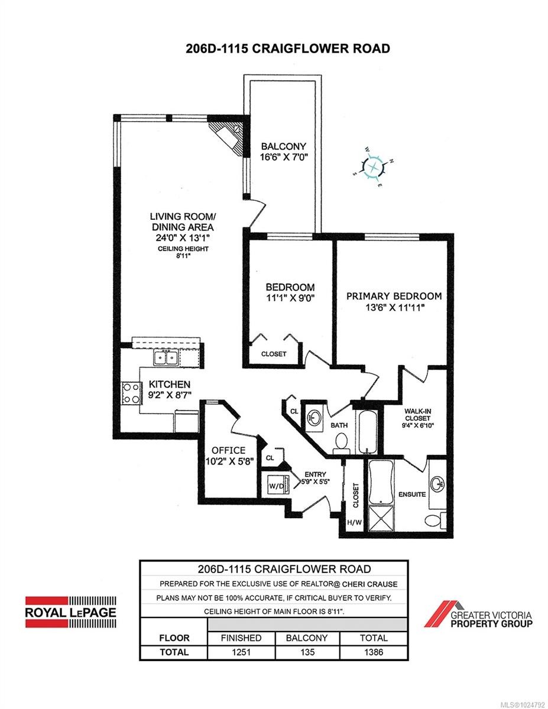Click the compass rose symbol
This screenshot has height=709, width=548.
[x=373, y=167]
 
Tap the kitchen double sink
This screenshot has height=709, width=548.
[x=166, y=357]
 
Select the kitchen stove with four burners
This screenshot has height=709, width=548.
[x=132, y=393]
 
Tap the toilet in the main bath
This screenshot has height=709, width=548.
[x=342, y=444]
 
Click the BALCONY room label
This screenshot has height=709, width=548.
[x=284, y=147]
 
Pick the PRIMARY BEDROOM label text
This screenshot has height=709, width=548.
[x=394, y=296]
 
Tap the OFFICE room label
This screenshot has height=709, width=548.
[x=228, y=451]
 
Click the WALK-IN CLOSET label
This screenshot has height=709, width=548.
[x=417, y=414]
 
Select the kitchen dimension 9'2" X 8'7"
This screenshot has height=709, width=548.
[x=170, y=395]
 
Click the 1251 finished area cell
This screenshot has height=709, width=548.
[x=241, y=652]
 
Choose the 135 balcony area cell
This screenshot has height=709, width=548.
[x=307, y=652]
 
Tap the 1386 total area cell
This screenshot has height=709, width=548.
[x=374, y=652]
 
